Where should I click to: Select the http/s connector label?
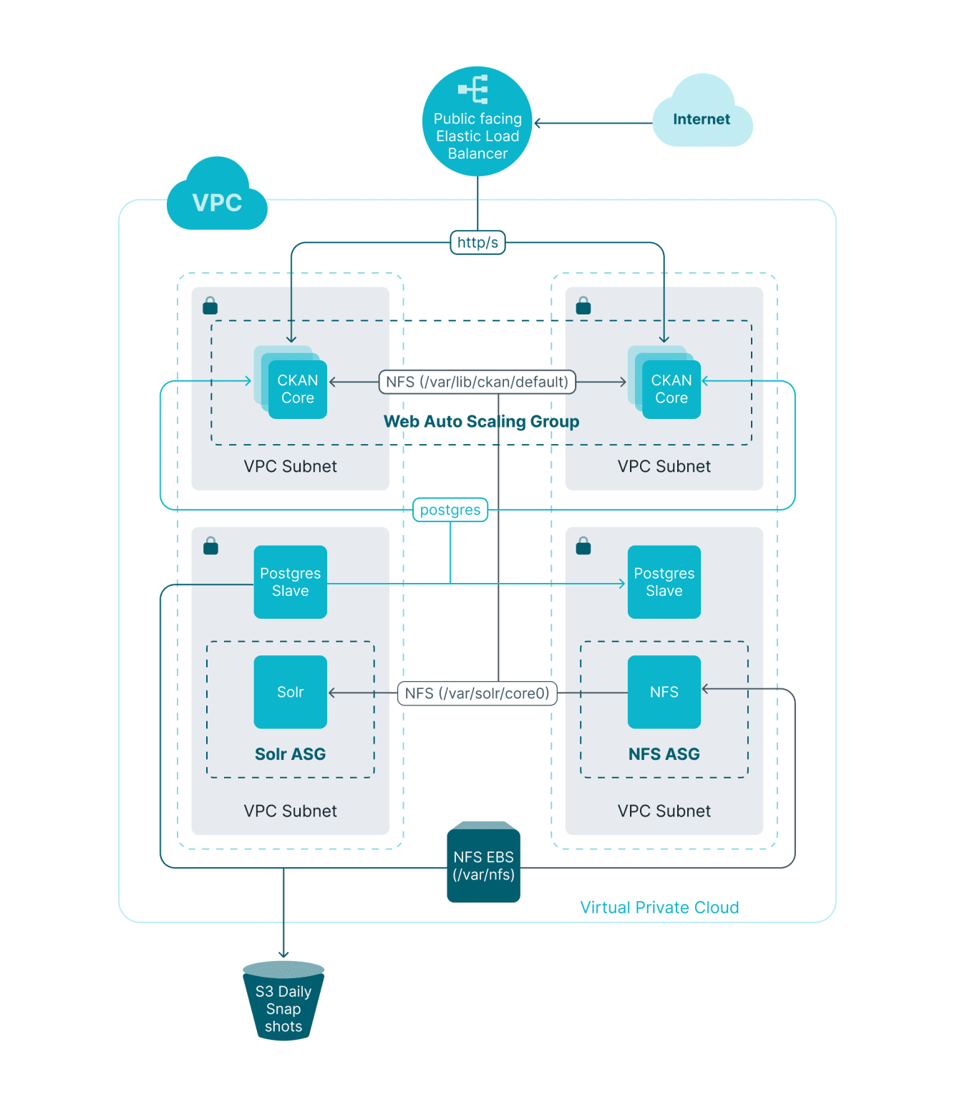tap(477, 242)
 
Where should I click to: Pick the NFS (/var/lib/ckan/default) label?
tap(477, 382)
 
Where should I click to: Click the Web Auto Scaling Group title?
tap(481, 421)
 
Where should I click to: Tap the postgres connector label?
tap(450, 510)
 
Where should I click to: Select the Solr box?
tap(290, 692)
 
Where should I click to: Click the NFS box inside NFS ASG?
tap(664, 692)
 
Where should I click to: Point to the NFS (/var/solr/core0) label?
tap(477, 693)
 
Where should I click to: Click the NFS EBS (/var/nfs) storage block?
tap(483, 864)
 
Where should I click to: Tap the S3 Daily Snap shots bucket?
tap(283, 1003)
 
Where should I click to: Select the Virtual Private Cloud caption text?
tap(659, 907)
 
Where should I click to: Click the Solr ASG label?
tap(290, 754)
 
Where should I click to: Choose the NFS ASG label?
tap(664, 754)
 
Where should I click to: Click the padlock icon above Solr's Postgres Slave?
tap(210, 546)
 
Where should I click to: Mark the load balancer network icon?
tap(473, 89)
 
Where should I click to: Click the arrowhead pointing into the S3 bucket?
tap(283, 954)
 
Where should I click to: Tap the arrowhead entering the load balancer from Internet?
tap(538, 123)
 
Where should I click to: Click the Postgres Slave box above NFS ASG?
tap(664, 582)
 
